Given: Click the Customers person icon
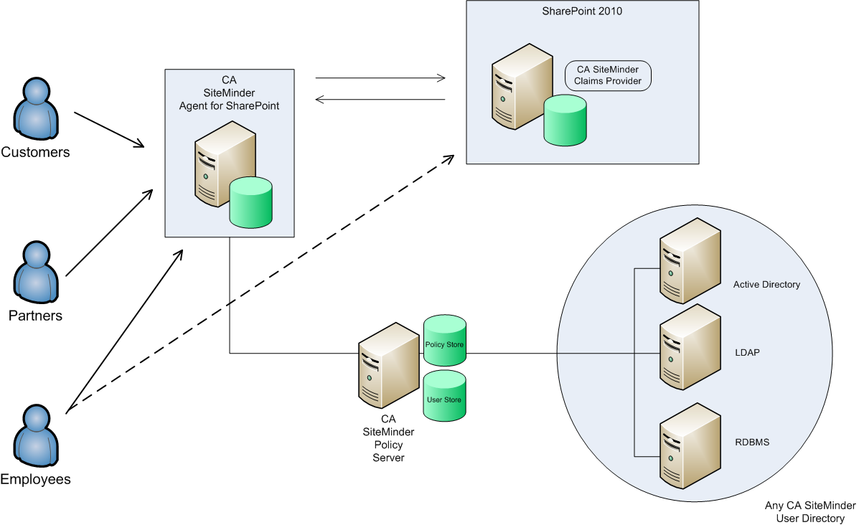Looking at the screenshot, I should coord(35,110).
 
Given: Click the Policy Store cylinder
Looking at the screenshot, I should coord(444,338).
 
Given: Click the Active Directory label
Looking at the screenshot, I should coord(766,285).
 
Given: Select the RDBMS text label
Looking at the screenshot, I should coord(751,442).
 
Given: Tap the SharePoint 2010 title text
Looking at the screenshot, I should coord(582,11).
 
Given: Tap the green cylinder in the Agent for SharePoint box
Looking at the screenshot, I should coord(251,202).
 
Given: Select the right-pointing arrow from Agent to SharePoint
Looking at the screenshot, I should coord(380,77).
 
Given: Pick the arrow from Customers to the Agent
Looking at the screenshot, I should coord(108,130).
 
